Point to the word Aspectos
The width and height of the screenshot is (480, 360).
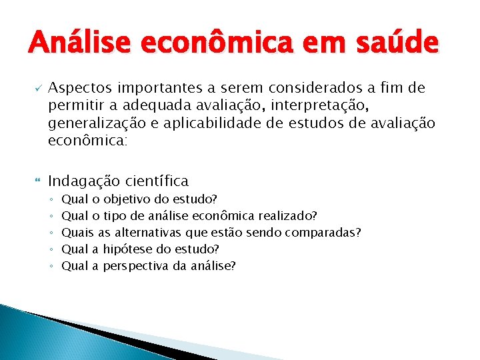pos(81,89)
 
